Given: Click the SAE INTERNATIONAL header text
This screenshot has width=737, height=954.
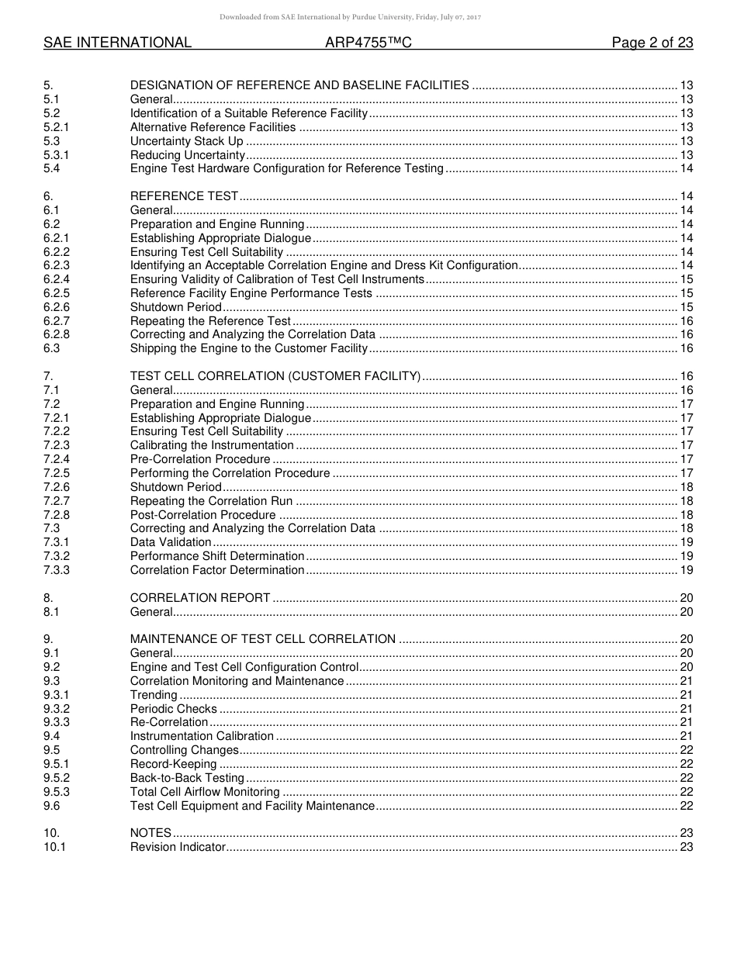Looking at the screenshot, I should [x=117, y=43].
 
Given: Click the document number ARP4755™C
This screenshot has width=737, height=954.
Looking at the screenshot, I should [x=368, y=43].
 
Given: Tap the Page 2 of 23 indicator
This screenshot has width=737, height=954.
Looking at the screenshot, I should [x=652, y=43].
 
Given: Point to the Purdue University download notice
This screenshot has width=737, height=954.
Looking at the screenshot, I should [x=351, y=16].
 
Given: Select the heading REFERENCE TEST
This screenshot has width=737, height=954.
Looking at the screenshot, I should [x=184, y=196].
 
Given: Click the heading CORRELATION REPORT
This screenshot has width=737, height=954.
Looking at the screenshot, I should [x=200, y=598].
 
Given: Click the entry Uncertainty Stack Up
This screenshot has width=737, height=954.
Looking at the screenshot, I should [x=186, y=141].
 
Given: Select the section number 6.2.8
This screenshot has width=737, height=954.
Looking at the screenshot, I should [x=57, y=335].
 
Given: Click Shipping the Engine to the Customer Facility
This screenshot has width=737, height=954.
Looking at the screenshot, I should [x=248, y=349].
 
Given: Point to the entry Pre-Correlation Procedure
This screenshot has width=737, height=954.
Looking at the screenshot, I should [x=200, y=459].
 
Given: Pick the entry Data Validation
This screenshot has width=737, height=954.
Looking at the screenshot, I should [x=171, y=543].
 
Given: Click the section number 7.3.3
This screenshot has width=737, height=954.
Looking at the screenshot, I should [x=57, y=570].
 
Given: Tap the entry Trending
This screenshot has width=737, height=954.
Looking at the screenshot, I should [x=154, y=695].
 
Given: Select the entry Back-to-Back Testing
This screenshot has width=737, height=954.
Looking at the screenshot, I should [x=187, y=778].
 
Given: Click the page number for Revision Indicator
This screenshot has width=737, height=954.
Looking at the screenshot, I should [x=686, y=847].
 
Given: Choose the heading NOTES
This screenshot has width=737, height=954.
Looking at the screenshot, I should [x=151, y=833].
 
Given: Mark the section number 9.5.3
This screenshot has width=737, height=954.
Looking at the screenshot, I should [x=57, y=792].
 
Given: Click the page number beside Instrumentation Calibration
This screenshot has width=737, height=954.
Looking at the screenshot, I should [x=686, y=736].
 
